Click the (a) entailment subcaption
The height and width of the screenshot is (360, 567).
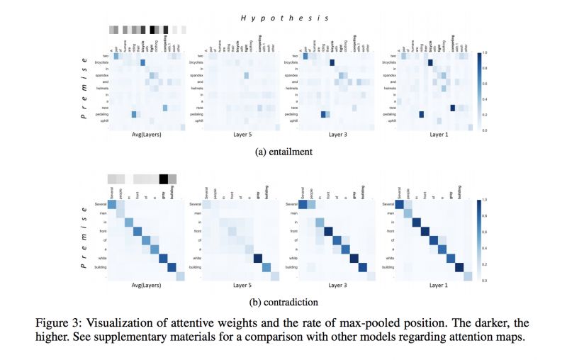tap(283, 152)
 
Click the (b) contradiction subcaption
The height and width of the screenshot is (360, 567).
tap(283, 301)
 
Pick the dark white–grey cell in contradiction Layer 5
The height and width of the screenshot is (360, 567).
tap(257, 258)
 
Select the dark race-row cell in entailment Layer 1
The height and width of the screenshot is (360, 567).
tap(451, 108)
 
